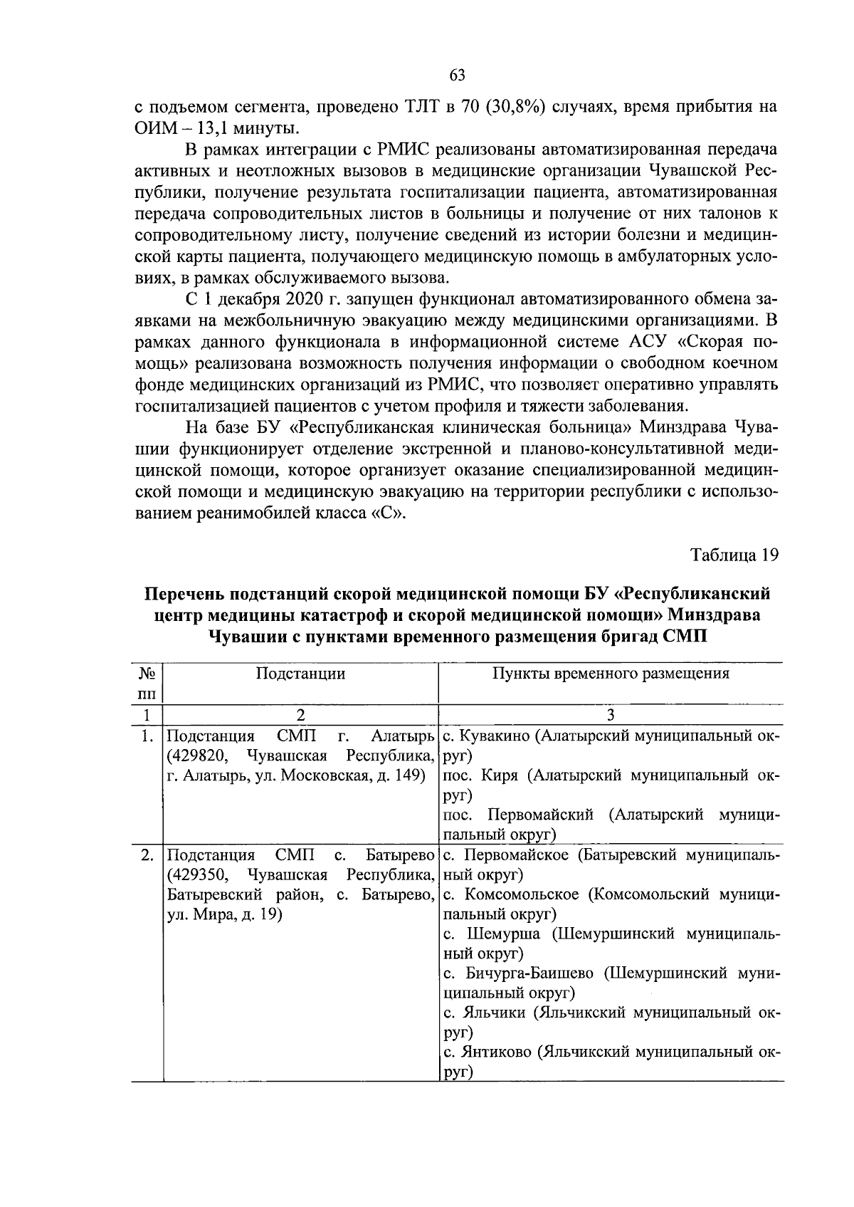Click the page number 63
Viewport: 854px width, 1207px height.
(x=458, y=76)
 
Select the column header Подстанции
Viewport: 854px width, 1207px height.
(x=300, y=674)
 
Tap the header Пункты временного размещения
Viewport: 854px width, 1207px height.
(x=611, y=674)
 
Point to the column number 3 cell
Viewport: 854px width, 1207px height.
(x=610, y=715)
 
